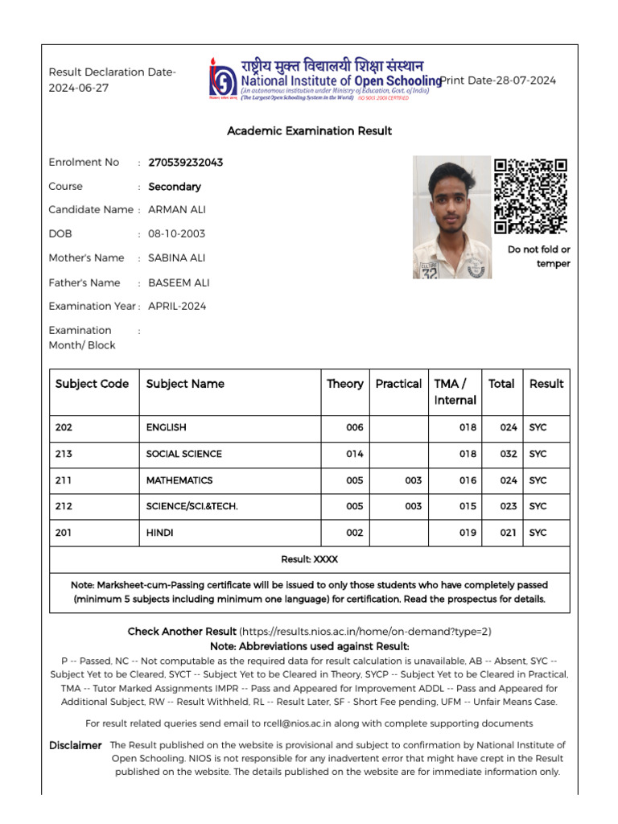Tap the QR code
coord(530,196)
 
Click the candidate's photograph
coord(452,217)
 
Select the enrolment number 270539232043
coord(186,163)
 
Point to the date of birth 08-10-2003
coord(176,234)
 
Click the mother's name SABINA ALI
coord(178,258)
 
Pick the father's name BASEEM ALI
coord(179,282)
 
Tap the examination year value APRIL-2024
coord(177,306)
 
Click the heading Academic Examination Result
coord(309,130)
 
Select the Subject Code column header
coord(92,384)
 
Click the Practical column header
coord(398,384)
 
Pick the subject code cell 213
coord(64,454)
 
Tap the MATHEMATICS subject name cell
coord(179,480)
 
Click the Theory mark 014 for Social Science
coord(355,454)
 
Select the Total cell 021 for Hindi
coord(508,533)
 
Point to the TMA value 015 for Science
coord(468,507)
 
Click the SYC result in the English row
coord(538,428)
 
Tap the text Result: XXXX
coord(309,559)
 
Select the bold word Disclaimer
coord(75,746)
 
